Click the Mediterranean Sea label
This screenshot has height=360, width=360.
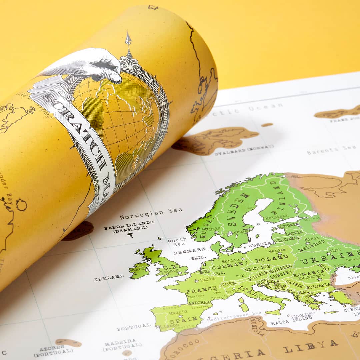coord(234,316)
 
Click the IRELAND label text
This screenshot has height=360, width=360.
coord(109,277)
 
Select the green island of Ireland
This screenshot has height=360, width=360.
coord(139,270)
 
